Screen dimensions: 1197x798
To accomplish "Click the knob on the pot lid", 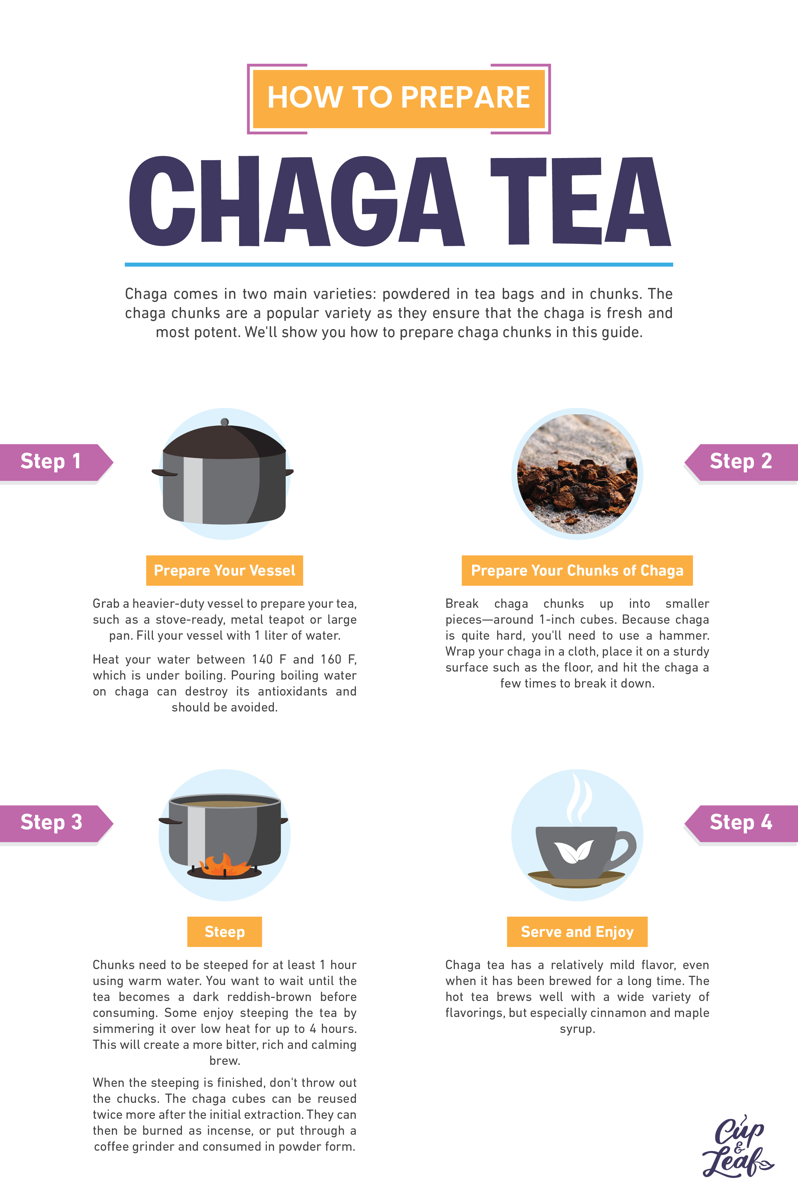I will coord(224,422).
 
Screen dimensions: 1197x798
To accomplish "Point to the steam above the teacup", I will coord(579,798).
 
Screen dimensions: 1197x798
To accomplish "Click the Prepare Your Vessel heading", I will coord(224,570).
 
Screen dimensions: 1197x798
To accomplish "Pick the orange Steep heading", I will coord(224,932).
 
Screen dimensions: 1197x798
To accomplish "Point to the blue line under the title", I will coord(398,265).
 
